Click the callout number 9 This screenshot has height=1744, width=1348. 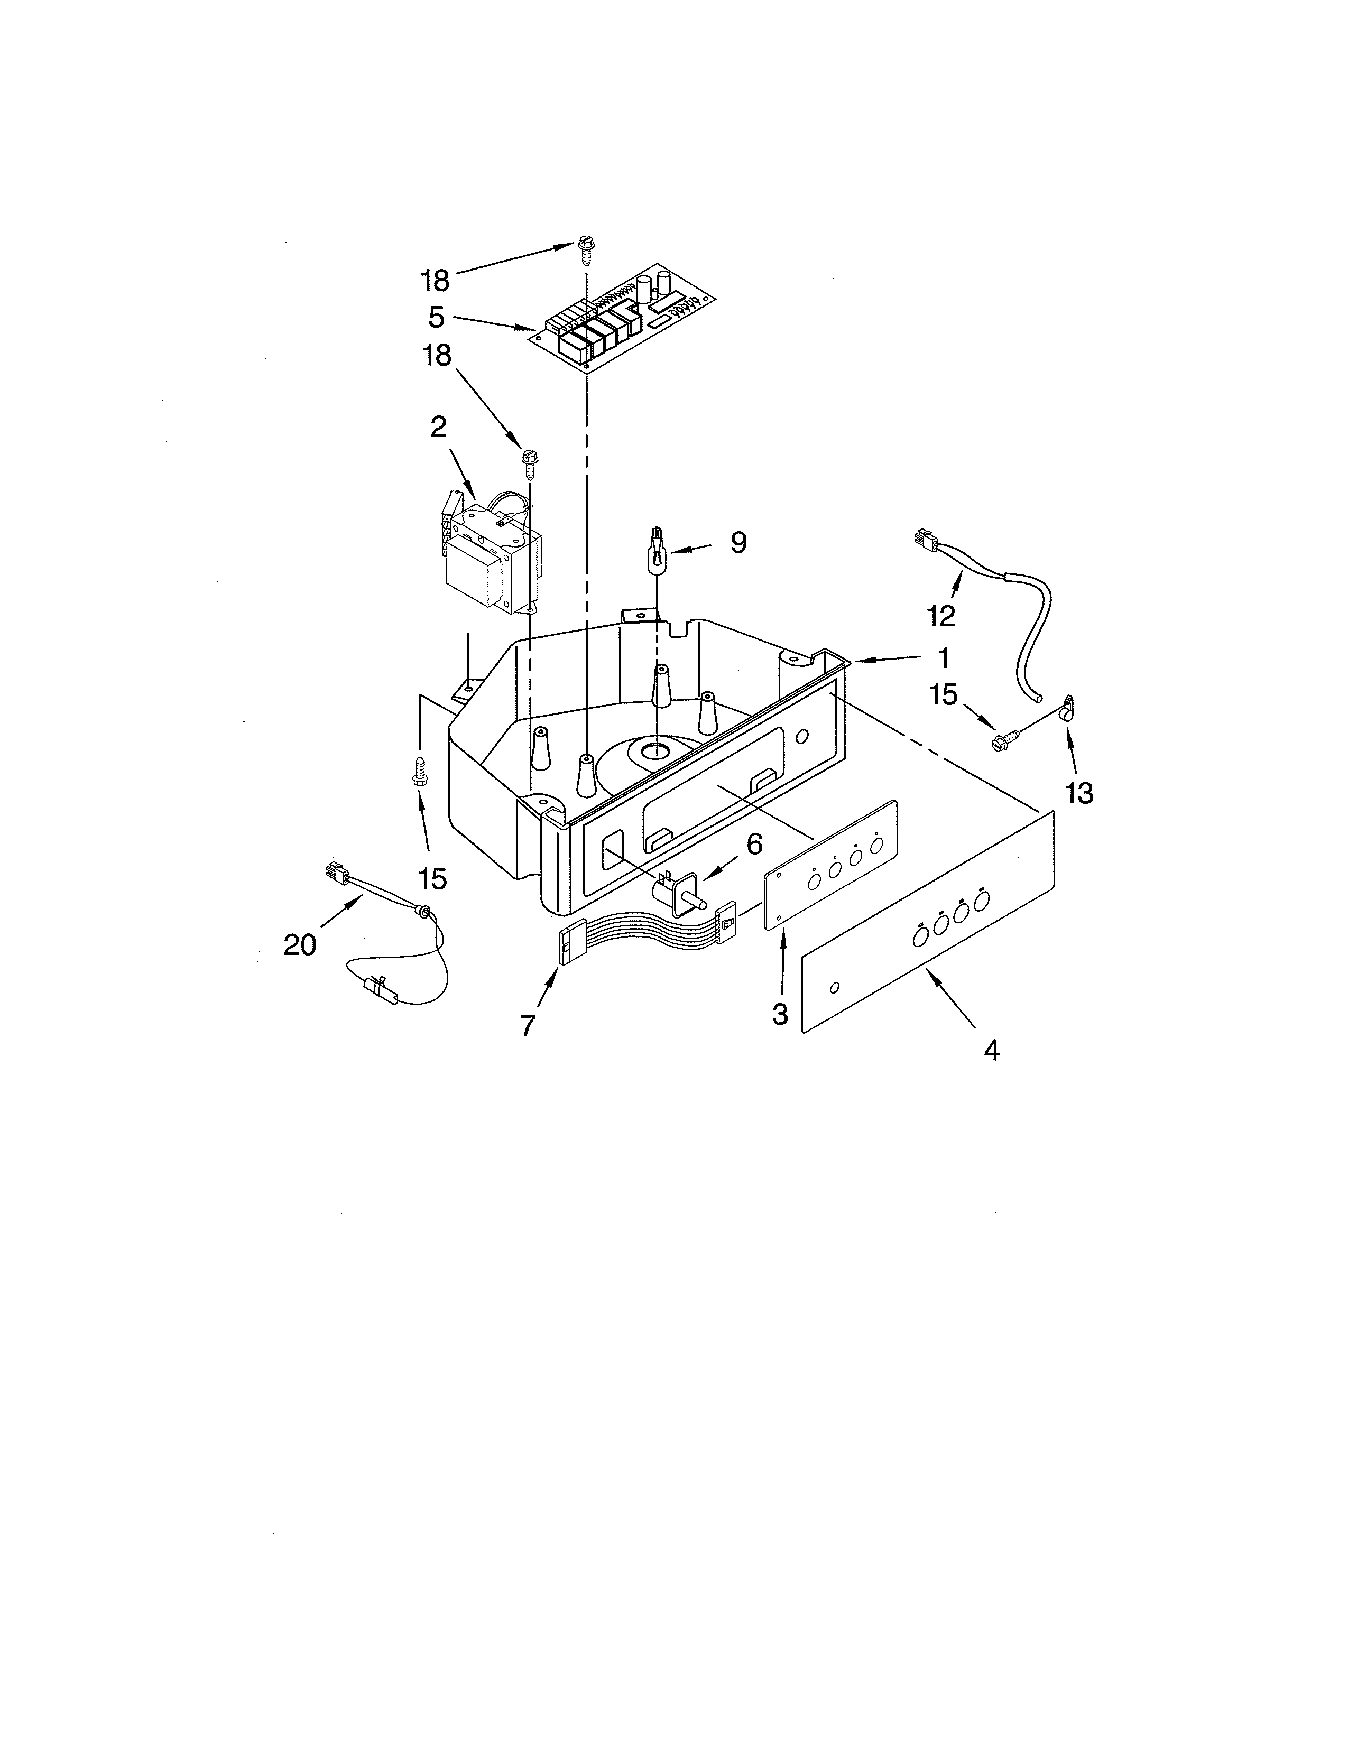pyautogui.click(x=738, y=543)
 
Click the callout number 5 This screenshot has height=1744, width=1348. pyautogui.click(x=436, y=317)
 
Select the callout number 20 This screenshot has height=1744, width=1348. pyautogui.click(x=300, y=945)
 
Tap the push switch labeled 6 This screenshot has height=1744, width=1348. pyautogui.click(x=677, y=890)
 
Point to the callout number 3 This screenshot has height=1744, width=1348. pyautogui.click(x=780, y=1013)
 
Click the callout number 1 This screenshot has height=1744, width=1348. pyautogui.click(x=944, y=658)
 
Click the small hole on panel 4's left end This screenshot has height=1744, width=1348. pyautogui.click(x=835, y=988)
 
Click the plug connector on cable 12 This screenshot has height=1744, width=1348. pyautogui.click(x=924, y=542)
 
